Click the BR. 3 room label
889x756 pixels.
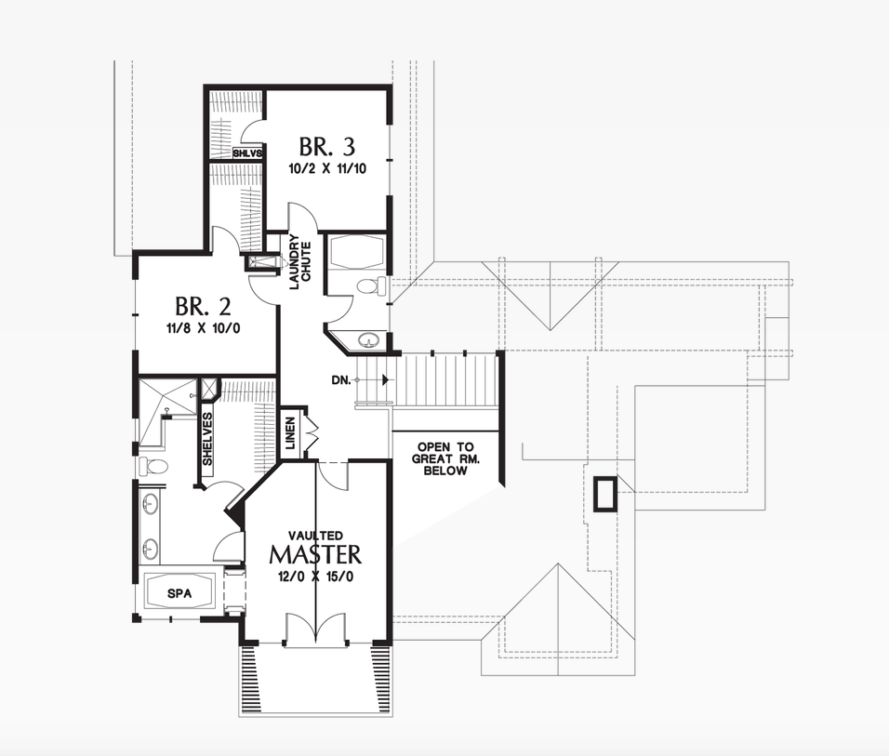pyautogui.click(x=327, y=147)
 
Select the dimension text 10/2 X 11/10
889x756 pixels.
pyautogui.click(x=327, y=169)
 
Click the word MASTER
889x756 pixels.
pyautogui.click(x=315, y=555)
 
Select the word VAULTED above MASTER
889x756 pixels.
pyautogui.click(x=315, y=536)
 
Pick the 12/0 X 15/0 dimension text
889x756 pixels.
pyautogui.click(x=315, y=575)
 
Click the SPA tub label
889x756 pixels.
pyautogui.click(x=179, y=592)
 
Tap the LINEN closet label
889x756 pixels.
pyautogui.click(x=291, y=434)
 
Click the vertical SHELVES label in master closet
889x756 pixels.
pyautogui.click(x=207, y=440)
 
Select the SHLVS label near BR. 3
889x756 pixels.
pyautogui.click(x=248, y=153)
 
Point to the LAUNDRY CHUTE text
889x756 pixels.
pyautogui.click(x=299, y=264)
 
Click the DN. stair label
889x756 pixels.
pyautogui.click(x=341, y=379)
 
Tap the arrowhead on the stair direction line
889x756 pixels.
pyautogui.click(x=384, y=379)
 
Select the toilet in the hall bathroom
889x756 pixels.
pyautogui.click(x=370, y=286)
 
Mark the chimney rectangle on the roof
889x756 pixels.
pyautogui.click(x=605, y=493)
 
